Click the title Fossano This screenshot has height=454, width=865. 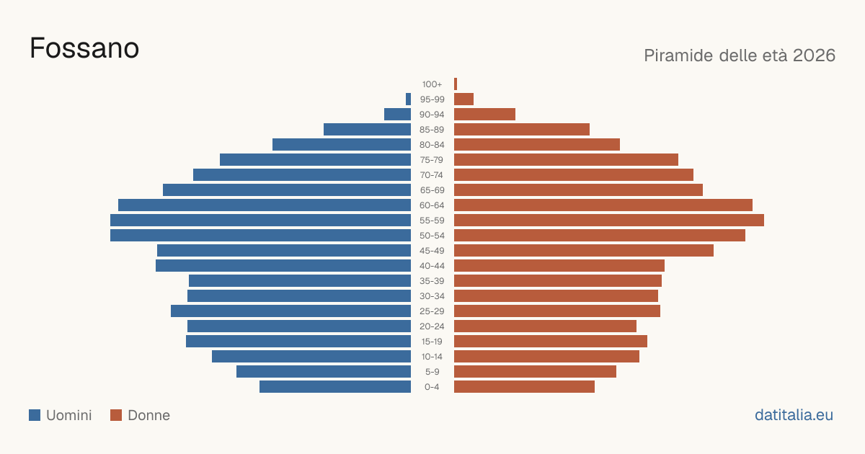(84, 48)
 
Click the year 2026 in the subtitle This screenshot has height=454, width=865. (814, 55)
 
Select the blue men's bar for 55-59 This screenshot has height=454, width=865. (261, 220)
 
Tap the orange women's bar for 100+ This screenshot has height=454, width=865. (456, 84)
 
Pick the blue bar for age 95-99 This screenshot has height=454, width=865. (408, 99)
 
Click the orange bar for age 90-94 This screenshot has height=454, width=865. (484, 115)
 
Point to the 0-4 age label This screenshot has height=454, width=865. (432, 387)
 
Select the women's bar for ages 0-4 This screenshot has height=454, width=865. (525, 386)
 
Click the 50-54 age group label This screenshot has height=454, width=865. (432, 236)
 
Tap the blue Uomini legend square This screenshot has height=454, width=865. (35, 415)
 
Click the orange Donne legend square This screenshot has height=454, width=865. (116, 415)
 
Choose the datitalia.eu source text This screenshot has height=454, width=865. (794, 415)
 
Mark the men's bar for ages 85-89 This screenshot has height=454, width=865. (367, 129)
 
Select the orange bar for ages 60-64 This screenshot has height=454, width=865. (603, 205)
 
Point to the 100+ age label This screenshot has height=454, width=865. (432, 84)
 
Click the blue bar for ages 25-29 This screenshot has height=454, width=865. (290, 311)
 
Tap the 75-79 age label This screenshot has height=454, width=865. (432, 160)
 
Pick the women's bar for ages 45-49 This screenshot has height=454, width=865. (584, 250)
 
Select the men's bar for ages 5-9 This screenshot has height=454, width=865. (324, 371)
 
